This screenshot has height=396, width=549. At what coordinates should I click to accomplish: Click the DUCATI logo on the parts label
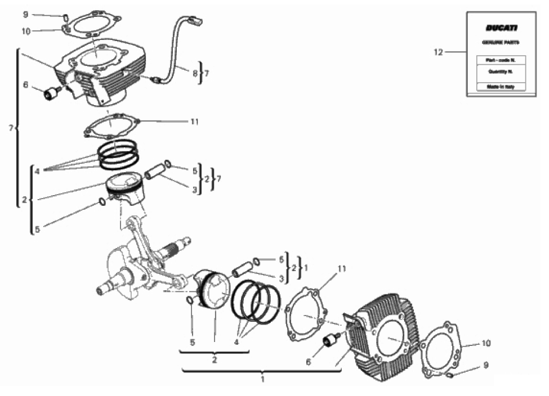pos(501,28)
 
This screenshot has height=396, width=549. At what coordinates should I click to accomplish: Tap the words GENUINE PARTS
pos(501,43)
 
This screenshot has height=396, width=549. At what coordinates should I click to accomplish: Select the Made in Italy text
pos(501,87)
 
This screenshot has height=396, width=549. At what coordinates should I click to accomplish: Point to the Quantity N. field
pos(501,71)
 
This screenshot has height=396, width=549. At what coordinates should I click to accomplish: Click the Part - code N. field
pos(501,59)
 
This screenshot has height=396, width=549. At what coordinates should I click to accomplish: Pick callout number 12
pos(439,52)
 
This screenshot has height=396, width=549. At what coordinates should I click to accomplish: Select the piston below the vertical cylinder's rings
pos(126,187)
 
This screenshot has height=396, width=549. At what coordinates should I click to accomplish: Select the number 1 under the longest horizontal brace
pos(262,380)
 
